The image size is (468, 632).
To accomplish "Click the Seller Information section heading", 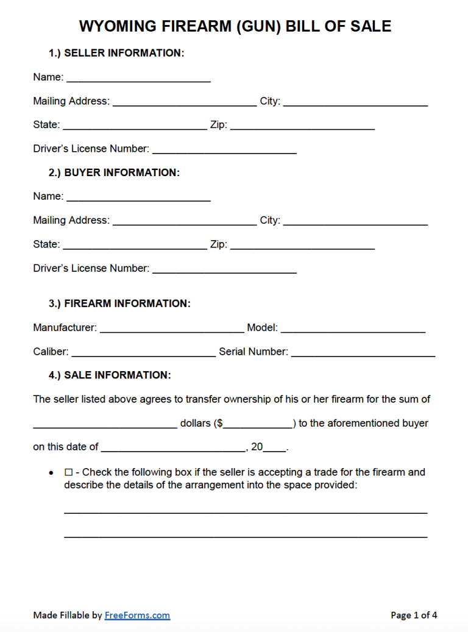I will coord(116,53).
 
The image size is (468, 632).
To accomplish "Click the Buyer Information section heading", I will coord(114,172).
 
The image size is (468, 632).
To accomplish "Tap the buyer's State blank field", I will coord(135,244).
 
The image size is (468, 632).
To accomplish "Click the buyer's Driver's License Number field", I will coord(224,268).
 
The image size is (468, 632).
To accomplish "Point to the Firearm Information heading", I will coord(119,304).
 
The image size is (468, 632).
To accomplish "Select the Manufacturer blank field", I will coord(172,328).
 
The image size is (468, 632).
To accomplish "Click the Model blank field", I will coord(353,328).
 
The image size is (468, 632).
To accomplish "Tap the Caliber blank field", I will coord(143,352).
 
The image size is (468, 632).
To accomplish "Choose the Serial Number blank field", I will coord(363,352).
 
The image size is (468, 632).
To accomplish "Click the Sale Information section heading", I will coord(110,375).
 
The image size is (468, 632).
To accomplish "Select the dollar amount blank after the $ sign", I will coord(258,424).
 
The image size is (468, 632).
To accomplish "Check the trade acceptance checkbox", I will coord(68,472).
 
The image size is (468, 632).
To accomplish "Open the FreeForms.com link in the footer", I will coord(137,616).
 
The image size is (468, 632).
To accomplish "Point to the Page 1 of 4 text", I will coord(414,616).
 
